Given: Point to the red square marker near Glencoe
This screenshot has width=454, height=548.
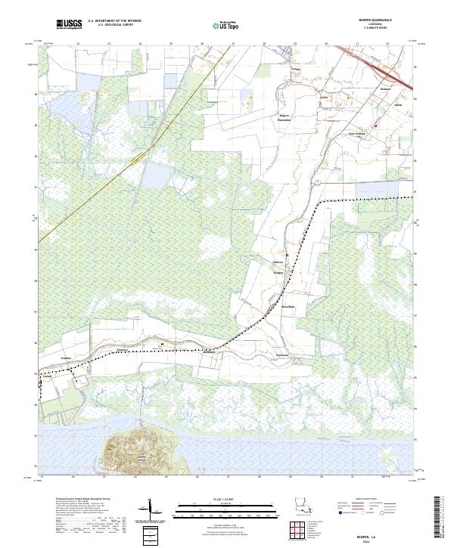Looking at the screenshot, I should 287,255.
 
